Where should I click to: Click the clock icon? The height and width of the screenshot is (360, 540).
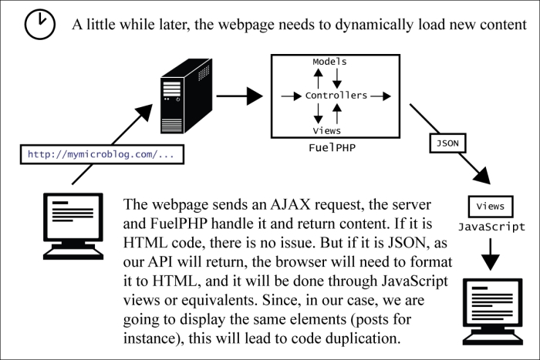[x=39, y=25]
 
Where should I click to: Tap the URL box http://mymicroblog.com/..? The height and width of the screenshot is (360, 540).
[x=101, y=154]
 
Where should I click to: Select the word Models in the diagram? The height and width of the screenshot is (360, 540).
[x=329, y=61]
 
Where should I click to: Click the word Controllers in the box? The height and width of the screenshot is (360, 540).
[x=336, y=96]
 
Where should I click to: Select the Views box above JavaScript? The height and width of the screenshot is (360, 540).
[x=491, y=207]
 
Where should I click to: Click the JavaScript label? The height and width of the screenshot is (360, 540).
[x=491, y=227]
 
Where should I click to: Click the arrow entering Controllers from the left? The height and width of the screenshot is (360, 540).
[x=291, y=96]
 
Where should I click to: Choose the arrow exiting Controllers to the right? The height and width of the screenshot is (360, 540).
[x=380, y=96]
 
